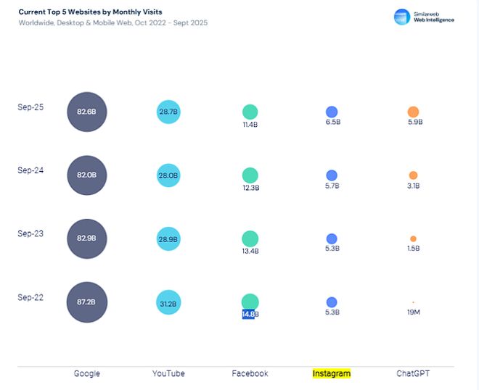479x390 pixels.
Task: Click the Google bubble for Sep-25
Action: coord(87,112)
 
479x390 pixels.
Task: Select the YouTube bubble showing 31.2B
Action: coord(168,303)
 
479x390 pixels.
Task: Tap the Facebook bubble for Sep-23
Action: coord(250,238)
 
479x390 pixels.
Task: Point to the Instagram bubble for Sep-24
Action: coord(332,175)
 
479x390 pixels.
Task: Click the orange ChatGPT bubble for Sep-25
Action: coord(413,112)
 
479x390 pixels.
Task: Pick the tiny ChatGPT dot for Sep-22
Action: coord(413,302)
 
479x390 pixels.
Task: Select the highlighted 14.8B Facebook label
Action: coord(249,314)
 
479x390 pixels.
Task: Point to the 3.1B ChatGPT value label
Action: coord(413,186)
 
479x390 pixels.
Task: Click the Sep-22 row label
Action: coord(30,297)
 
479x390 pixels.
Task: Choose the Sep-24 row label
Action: coord(30,170)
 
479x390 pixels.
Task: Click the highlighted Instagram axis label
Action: coord(332,374)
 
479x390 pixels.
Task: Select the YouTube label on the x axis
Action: coord(168,374)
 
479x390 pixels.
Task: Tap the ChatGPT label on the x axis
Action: coord(413,374)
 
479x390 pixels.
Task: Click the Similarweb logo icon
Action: coord(402,17)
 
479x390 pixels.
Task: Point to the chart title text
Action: coord(91,12)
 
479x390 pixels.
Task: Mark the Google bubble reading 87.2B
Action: coord(87,302)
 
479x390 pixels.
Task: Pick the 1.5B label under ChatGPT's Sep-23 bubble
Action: coord(413,249)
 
